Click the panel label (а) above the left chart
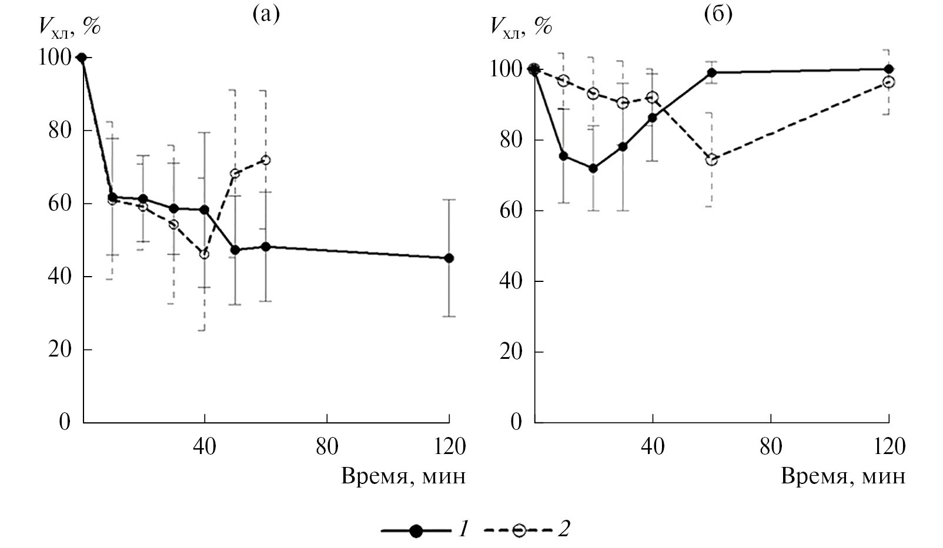pyautogui.click(x=266, y=14)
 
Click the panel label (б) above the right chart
pyautogui.click(x=718, y=14)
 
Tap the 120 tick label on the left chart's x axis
pyautogui.click(x=450, y=447)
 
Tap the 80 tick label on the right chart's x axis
pyautogui.click(x=771, y=447)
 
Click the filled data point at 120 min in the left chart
pyautogui.click(x=449, y=258)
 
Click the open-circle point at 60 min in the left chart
pyautogui.click(x=266, y=160)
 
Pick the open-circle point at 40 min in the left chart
pyautogui.click(x=204, y=254)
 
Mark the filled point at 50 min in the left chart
pyautogui.click(x=235, y=250)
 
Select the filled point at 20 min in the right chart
pyautogui.click(x=593, y=169)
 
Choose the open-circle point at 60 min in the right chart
pyautogui.click(x=711, y=160)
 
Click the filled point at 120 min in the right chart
pyautogui.click(x=889, y=69)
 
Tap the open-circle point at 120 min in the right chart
pyautogui.click(x=889, y=82)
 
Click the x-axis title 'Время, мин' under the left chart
pyautogui.click(x=403, y=476)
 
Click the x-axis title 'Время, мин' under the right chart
pyautogui.click(x=843, y=476)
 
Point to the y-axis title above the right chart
pyautogui.click(x=521, y=26)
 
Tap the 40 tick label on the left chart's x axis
pyautogui.click(x=205, y=447)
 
